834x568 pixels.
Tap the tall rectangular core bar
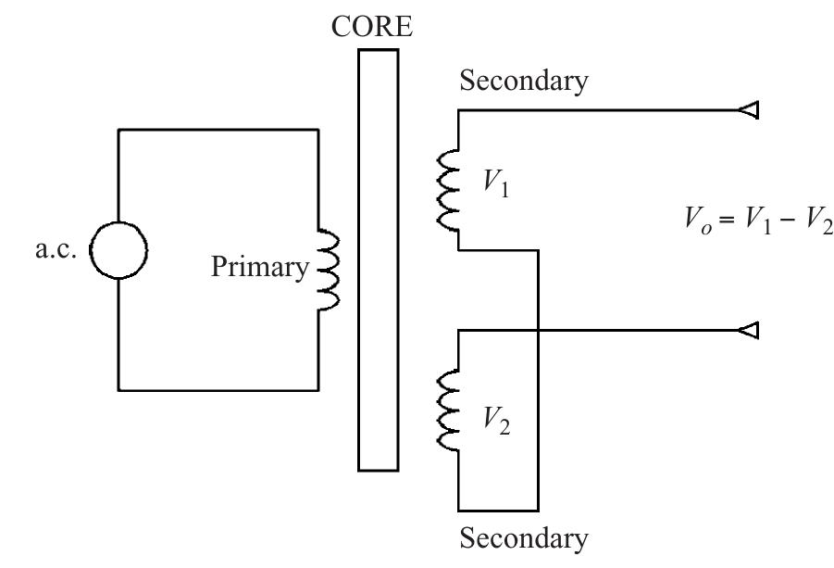(378, 260)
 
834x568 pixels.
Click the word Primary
(259, 268)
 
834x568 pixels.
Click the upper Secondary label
(523, 81)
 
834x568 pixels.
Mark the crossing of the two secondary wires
(538, 329)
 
